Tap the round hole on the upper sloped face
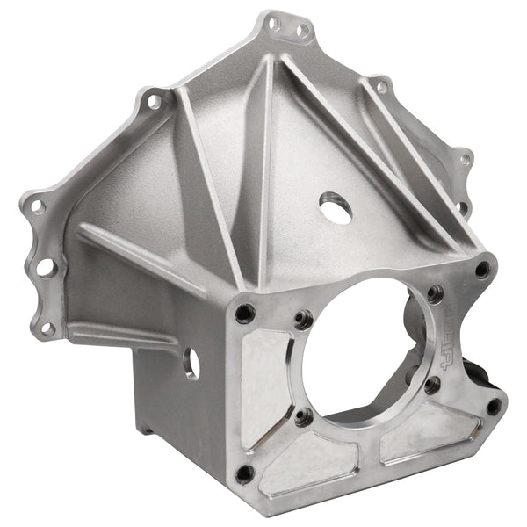[334, 207]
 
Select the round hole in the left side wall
[191, 363]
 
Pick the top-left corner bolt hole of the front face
[246, 311]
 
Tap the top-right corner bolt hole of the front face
[482, 271]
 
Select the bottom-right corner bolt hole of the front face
[495, 406]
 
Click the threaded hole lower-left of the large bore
[302, 416]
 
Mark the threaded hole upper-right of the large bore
[434, 294]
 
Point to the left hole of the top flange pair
[276, 24]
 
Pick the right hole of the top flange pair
[301, 32]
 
